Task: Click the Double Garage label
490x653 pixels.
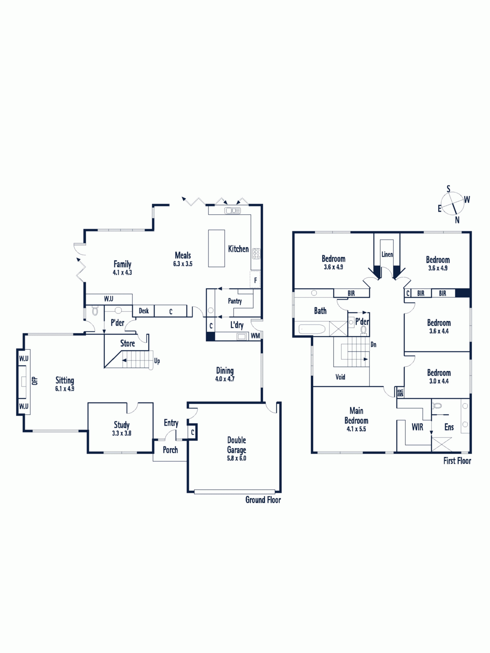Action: coord(236,445)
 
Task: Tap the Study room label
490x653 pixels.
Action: coord(122,424)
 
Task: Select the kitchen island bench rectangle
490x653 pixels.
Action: coord(216,248)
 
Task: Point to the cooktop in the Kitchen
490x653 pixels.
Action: coord(256,253)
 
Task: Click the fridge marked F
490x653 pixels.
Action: coord(255,279)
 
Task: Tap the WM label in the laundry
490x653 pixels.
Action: coord(255,336)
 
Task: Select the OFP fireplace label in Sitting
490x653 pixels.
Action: coord(35,380)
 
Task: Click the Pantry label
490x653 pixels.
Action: coord(235,301)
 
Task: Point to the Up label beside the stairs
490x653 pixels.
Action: coord(157,361)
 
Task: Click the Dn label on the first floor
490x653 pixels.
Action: coord(373,344)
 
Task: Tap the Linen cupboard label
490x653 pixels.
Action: coord(387,254)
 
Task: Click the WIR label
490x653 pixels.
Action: coord(417,427)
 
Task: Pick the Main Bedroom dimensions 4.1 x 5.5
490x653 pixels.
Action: coord(356,429)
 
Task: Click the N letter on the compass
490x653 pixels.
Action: coord(457,220)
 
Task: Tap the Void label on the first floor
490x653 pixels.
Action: coord(341,377)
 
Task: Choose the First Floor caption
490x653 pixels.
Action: coord(457,461)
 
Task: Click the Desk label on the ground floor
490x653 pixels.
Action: coord(144,311)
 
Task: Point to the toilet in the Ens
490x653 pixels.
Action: coord(437,405)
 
